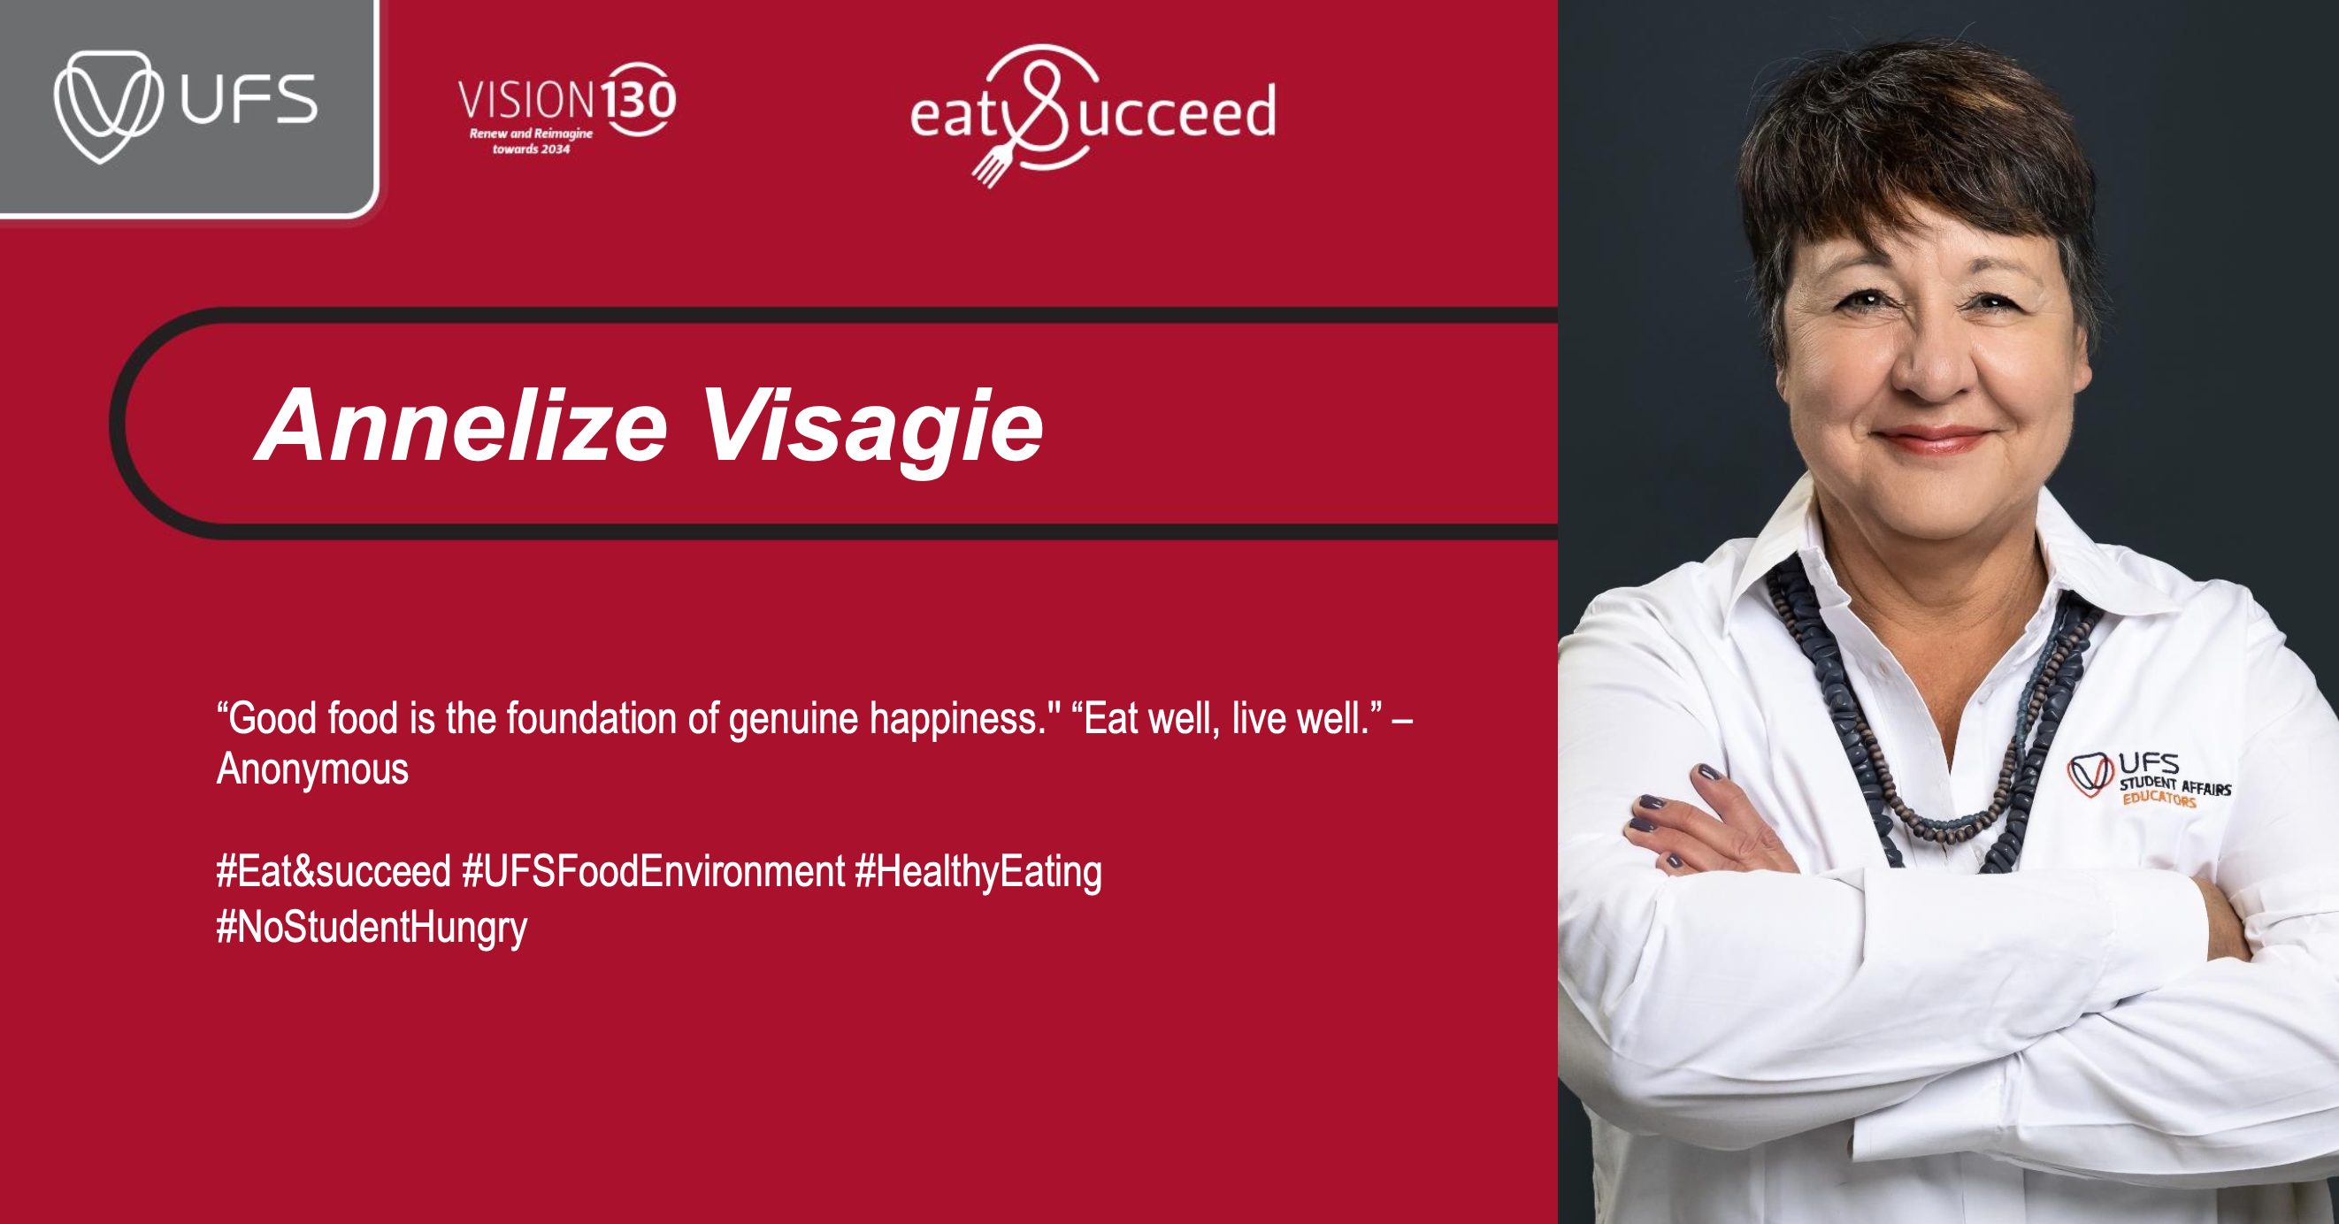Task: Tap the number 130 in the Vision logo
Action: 640,99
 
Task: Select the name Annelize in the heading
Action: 463,425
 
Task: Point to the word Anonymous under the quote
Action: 312,769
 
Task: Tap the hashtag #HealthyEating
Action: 978,873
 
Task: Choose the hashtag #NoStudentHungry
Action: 372,928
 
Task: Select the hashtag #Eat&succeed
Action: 334,871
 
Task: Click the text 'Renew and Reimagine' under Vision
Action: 531,134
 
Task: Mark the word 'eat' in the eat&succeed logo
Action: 955,116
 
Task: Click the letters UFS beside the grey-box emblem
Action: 249,100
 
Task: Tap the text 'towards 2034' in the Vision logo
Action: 531,149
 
